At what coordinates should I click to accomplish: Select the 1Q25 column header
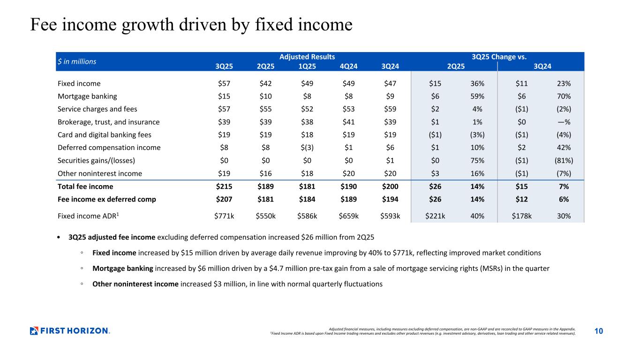tap(307, 66)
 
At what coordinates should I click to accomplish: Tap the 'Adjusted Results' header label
tap(307, 57)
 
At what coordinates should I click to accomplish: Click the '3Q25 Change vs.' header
tap(499, 57)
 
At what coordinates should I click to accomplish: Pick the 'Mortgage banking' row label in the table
tap(87, 97)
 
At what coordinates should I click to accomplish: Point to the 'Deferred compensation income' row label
tap(109, 148)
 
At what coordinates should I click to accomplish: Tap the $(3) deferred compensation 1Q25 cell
tap(307, 148)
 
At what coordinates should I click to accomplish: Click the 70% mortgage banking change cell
tap(564, 97)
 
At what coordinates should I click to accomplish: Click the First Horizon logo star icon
tap(34, 331)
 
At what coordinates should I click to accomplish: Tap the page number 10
tap(599, 331)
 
